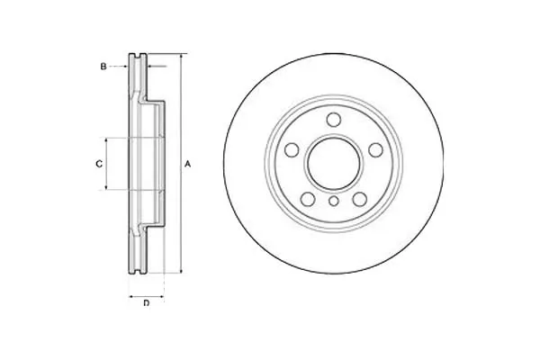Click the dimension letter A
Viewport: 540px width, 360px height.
(x=187, y=165)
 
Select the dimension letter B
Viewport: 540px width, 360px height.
(x=103, y=67)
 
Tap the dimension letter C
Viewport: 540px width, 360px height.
(x=99, y=165)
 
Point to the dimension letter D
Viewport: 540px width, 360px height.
(x=147, y=303)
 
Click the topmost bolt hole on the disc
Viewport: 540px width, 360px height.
(x=333, y=120)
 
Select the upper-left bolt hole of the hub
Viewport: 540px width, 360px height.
(x=292, y=150)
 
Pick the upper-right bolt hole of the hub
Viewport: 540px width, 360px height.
(x=375, y=150)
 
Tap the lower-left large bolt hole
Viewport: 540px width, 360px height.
(x=308, y=199)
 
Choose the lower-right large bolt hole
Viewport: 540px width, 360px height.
(x=359, y=199)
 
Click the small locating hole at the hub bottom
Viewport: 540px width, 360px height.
(x=333, y=201)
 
